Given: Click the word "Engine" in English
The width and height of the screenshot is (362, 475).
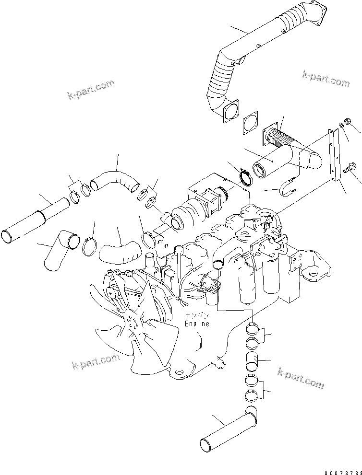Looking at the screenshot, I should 197,324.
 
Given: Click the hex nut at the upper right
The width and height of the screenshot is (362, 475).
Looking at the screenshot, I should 347,122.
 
